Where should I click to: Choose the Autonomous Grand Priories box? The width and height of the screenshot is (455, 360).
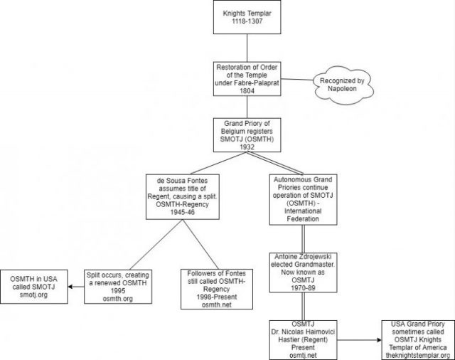point(303,199)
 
